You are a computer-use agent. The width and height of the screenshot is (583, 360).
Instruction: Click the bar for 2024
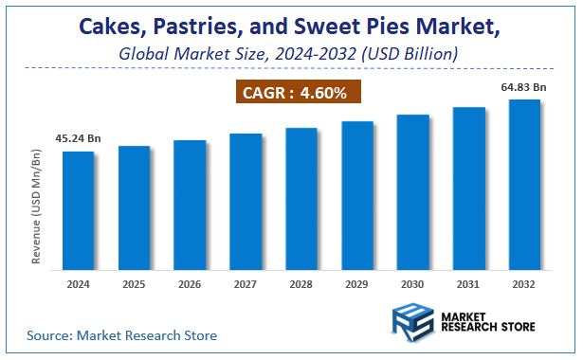79,210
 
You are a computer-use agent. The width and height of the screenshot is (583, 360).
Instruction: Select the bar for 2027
246,201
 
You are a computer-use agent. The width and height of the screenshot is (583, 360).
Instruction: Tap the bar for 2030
413,191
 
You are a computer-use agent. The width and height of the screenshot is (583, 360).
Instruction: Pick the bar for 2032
524,184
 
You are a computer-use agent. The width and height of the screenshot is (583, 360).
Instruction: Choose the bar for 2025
134,207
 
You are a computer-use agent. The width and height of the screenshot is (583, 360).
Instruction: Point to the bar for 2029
357,195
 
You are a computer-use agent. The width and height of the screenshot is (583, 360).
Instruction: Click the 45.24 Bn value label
79,139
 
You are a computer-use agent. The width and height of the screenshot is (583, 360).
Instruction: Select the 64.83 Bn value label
524,88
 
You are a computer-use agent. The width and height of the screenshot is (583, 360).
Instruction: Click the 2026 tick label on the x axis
190,284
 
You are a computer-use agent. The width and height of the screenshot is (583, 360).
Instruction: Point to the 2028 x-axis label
301,284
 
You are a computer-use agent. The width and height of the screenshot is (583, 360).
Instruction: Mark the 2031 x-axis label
469,284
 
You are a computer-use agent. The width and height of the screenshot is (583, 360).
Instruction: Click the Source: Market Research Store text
121,335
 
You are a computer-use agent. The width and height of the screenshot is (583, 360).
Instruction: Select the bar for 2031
469,188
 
